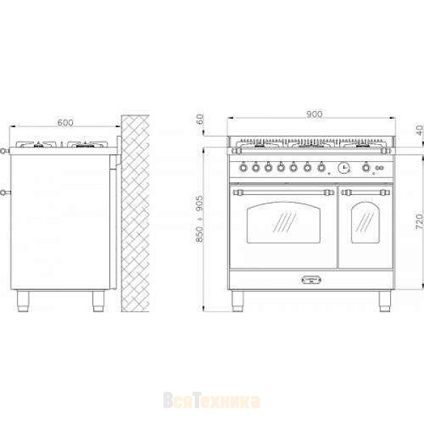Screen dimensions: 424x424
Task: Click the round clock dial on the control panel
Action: (343, 167)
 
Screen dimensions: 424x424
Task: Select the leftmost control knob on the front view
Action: (244, 167)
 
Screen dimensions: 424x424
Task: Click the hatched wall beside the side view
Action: (136, 212)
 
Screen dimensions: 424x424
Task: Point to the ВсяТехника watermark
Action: (211, 401)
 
